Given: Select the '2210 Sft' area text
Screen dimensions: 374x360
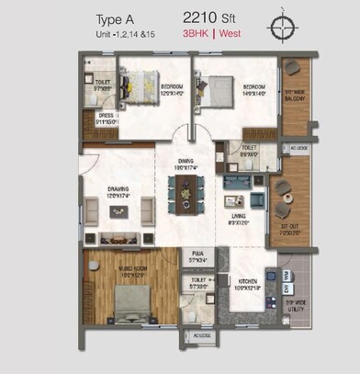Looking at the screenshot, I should (208, 17).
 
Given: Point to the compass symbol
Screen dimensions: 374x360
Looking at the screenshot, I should (282, 27).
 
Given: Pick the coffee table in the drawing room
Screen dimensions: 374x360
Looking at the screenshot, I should (119, 211).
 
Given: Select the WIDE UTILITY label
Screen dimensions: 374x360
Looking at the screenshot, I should (294, 303).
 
